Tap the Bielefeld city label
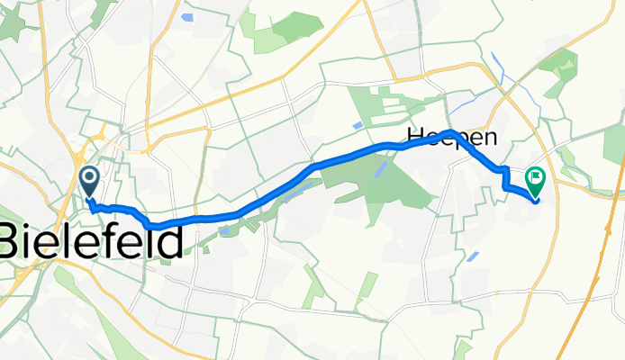click(90, 240)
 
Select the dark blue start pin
click(90, 181)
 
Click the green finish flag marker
click(535, 183)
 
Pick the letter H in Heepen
click(417, 136)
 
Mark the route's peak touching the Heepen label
click(451, 131)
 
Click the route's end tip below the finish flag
click(537, 200)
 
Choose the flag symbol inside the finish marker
click(535, 178)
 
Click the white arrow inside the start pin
click(90, 176)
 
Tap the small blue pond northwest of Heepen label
click(359, 124)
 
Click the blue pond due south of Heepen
click(473, 256)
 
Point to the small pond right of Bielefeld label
click(223, 229)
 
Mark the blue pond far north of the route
click(186, 16)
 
